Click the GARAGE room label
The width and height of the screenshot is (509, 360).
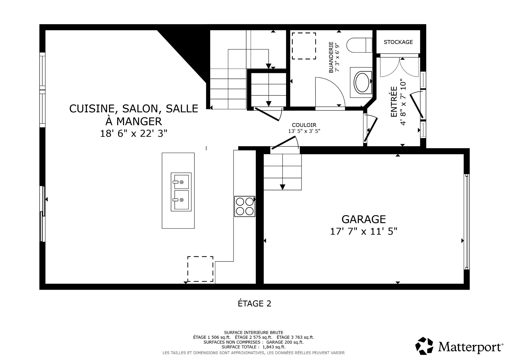pyautogui.click(x=363, y=219)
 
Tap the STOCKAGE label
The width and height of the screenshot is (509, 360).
pyautogui.click(x=398, y=42)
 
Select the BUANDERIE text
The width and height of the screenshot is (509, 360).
pyautogui.click(x=331, y=57)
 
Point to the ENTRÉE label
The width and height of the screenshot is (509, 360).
pyautogui.click(x=394, y=102)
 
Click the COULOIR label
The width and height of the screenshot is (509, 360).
pyautogui.click(x=304, y=125)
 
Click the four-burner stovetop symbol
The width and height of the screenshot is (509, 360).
pyautogui.click(x=244, y=206)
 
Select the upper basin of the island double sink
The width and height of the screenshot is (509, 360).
pyautogui.click(x=181, y=182)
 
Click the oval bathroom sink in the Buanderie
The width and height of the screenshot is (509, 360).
pyautogui.click(x=362, y=83)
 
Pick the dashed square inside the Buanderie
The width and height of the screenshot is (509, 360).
pyautogui.click(x=304, y=46)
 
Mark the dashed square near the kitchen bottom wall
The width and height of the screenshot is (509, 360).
pyautogui.click(x=200, y=269)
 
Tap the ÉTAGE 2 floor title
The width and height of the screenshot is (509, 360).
pyautogui.click(x=254, y=303)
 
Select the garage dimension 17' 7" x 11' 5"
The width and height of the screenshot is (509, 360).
pyautogui.click(x=363, y=232)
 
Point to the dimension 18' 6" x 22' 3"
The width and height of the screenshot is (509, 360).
pyautogui.click(x=134, y=133)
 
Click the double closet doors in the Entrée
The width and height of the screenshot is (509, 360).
pyautogui.click(x=400, y=68)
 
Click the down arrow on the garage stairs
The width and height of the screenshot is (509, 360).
pyautogui.click(x=283, y=187)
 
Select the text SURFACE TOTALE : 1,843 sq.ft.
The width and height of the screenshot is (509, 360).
pyautogui.click(x=253, y=347)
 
